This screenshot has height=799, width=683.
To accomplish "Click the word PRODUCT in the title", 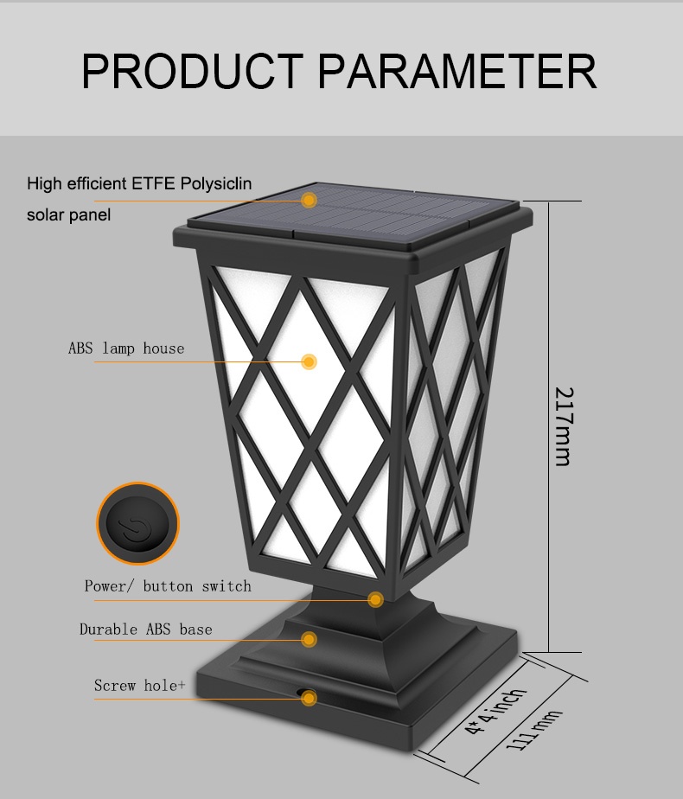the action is (x=193, y=71).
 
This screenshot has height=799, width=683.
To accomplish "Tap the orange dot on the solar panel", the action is (x=309, y=201).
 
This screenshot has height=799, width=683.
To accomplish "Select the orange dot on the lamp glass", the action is (x=309, y=361).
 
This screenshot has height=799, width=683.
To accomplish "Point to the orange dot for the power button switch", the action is (x=375, y=600).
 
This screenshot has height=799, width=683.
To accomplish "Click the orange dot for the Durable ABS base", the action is (x=309, y=640).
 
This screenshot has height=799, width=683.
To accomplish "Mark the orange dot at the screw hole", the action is (x=309, y=698).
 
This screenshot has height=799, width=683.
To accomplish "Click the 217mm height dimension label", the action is (x=564, y=426).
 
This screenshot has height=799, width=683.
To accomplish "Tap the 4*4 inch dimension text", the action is (x=495, y=711).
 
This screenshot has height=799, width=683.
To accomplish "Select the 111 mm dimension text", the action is (x=534, y=730).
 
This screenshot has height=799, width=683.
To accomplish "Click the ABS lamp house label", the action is (x=126, y=348).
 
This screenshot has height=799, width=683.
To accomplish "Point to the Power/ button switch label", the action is (x=168, y=586).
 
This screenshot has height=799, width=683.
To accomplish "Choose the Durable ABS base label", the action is (x=145, y=630).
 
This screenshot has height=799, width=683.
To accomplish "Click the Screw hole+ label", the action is (x=139, y=686).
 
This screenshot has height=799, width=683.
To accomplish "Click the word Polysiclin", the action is (x=216, y=184).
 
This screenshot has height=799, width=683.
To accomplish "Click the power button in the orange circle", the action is (x=138, y=524).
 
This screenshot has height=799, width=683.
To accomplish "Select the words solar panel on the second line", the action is (x=69, y=214).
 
